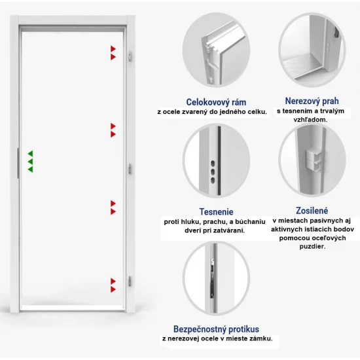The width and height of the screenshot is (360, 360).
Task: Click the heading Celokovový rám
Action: pos(216,102)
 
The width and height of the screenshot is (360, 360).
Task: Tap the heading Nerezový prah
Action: pos(312,101)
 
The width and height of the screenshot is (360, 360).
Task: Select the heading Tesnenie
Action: pos(216,211)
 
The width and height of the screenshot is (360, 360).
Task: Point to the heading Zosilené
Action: pos(312,211)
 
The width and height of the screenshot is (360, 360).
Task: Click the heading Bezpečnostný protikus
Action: pos(216,329)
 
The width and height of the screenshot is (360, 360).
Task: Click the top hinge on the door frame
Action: pos(130,56)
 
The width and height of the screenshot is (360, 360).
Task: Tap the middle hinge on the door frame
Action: pos(130,170)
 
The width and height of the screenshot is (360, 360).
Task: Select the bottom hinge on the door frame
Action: pos(130,281)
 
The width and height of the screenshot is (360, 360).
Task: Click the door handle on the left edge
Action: pos(18,163)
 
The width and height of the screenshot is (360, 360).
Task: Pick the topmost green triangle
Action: pos(31,154)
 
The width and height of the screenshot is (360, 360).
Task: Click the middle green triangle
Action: pos(31,162)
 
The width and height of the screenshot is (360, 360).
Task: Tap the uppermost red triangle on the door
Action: pos(113,48)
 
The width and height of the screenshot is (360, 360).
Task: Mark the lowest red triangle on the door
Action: pos(113,289)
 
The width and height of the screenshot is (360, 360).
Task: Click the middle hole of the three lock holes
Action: pos(213,171)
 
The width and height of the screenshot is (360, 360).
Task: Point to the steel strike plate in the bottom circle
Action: pos(213,278)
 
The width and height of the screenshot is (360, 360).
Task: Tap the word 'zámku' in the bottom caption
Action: pos(262,338)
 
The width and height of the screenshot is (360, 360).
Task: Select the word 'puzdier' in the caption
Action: pos(312,247)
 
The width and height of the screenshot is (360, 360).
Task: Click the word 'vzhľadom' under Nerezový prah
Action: pos(310,120)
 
